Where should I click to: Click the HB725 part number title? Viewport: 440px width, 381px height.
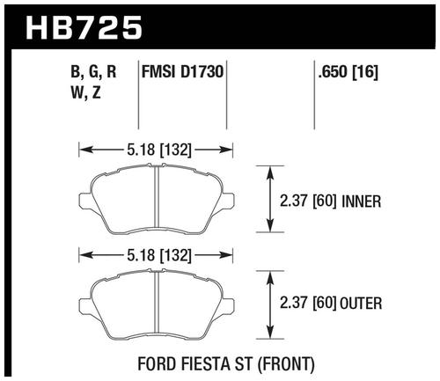click(x=84, y=27)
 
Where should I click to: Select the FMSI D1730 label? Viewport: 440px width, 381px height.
click(x=182, y=71)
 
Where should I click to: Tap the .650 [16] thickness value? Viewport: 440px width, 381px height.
click(x=348, y=72)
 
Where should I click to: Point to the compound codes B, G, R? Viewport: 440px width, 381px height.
click(x=93, y=72)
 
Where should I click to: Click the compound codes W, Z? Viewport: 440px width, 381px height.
click(x=86, y=93)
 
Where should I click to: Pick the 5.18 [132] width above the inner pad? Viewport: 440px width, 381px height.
click(x=159, y=150)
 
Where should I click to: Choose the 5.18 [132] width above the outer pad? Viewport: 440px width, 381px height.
click(x=159, y=255)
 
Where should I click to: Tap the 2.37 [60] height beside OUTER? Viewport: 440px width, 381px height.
click(x=307, y=303)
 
